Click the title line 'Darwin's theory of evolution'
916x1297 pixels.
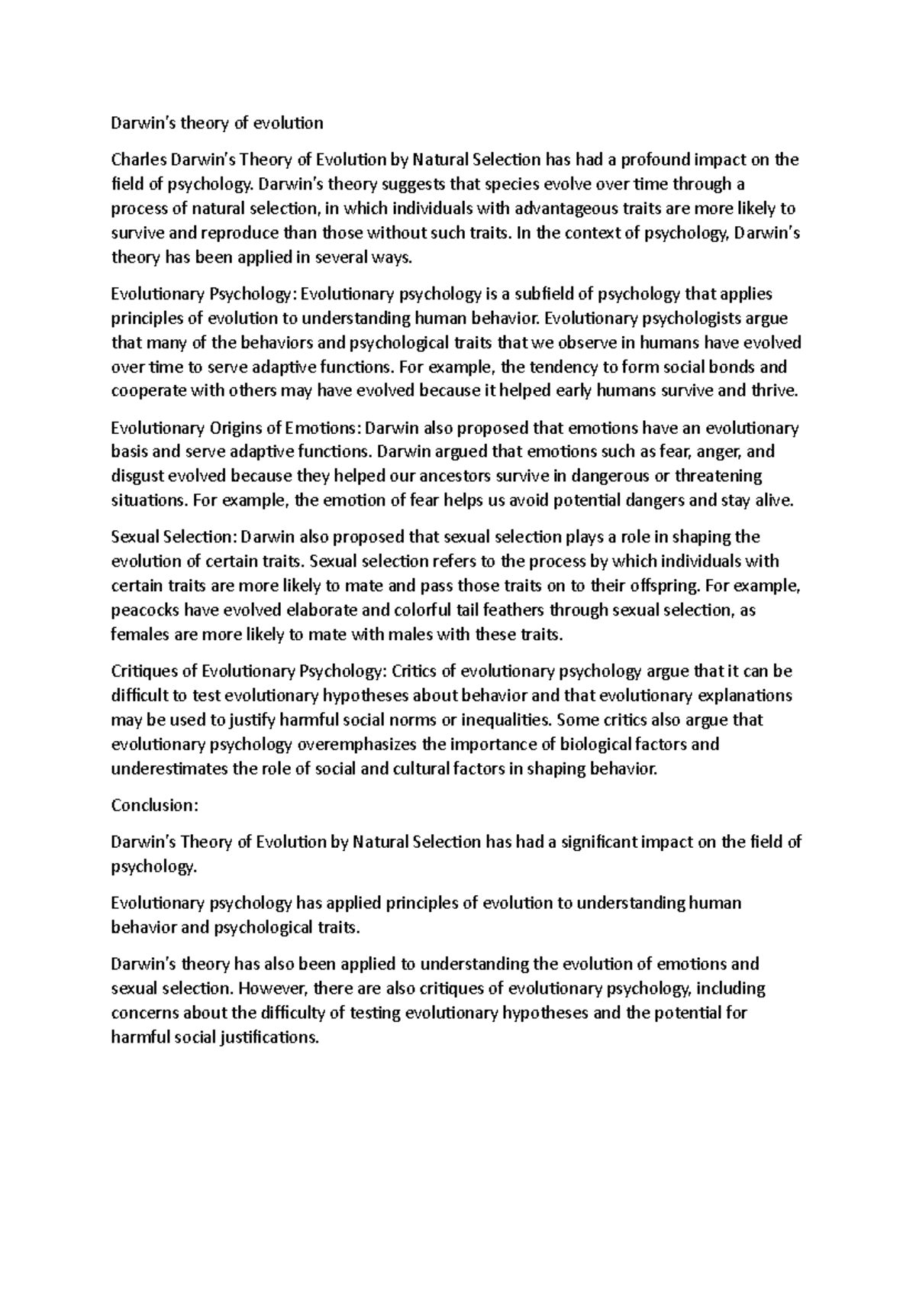tap(217, 123)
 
